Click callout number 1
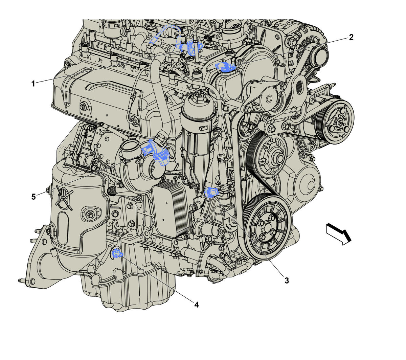point(33,83)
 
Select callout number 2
point(351,37)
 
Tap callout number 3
point(287,280)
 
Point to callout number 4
point(196,305)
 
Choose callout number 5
point(33,197)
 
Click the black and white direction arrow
point(338,234)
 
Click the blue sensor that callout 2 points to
point(225,67)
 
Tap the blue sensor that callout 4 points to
point(117,253)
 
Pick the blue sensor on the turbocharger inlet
point(155,152)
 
